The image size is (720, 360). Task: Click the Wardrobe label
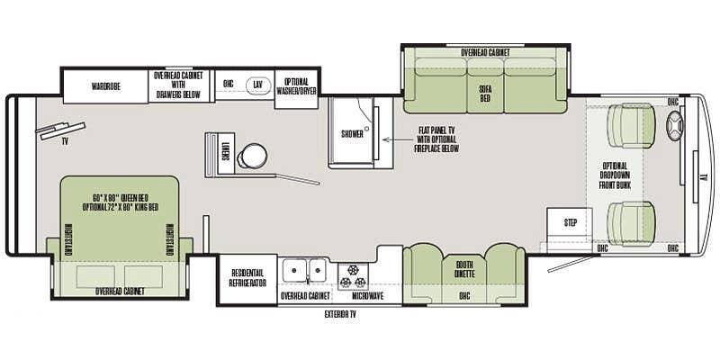106,86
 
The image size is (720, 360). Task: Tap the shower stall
352,132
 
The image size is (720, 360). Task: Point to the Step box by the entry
571,222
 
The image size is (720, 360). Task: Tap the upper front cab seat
631,125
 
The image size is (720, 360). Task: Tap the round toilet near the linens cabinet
254,155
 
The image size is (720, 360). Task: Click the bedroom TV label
65,141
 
